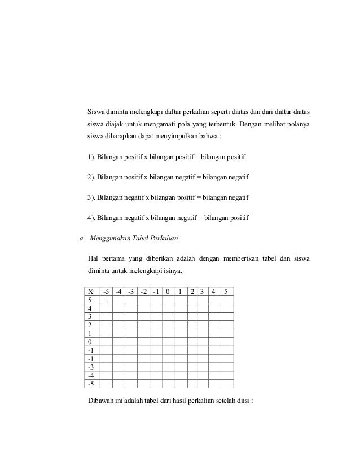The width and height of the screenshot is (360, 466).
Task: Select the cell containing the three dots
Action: pyautogui.click(x=106, y=301)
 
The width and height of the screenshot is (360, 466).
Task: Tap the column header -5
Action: pyautogui.click(x=106, y=292)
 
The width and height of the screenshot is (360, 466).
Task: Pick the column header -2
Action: pyautogui.click(x=144, y=292)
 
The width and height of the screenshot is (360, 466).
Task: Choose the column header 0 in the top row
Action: pyautogui.click(x=168, y=292)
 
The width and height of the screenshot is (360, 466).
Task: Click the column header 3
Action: pyautogui.click(x=202, y=292)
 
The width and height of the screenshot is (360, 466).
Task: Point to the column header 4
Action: pyautogui.click(x=213, y=292)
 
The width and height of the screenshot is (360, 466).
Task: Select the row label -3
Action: pyautogui.click(x=91, y=366)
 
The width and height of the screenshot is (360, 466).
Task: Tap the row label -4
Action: pyautogui.click(x=91, y=375)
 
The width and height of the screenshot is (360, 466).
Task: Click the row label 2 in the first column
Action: pyautogui.click(x=90, y=325)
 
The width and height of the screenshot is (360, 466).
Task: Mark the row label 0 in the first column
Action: pyautogui.click(x=90, y=342)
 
